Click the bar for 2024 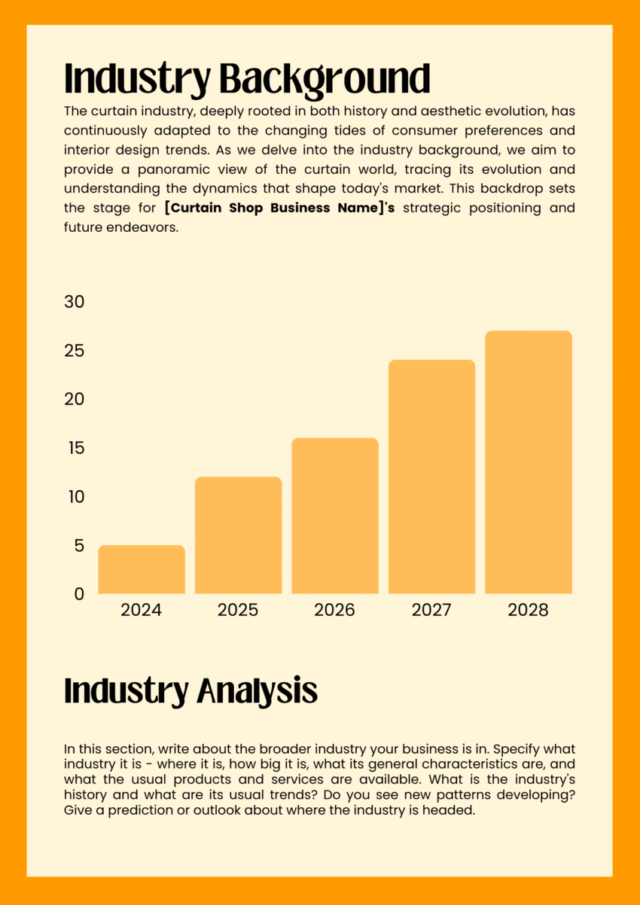(142, 569)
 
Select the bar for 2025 (238, 535)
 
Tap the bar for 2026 (335, 516)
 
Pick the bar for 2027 (431, 477)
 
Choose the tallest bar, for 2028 (529, 462)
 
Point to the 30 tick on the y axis (74, 302)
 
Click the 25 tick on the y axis (74, 351)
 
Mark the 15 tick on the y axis (74, 448)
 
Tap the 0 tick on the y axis (79, 594)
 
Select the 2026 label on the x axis (335, 610)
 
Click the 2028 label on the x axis (529, 610)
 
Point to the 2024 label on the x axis (142, 610)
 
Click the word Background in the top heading (325, 79)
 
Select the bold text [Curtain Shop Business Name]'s (280, 208)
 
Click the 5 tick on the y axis (79, 545)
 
